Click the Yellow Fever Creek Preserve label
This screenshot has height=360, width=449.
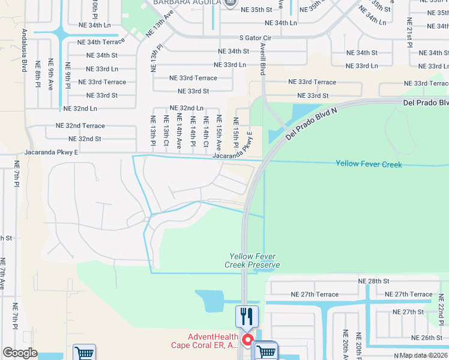pos(252,260)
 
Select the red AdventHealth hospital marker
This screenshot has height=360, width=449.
pos(247,341)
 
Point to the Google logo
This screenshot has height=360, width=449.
pos(20,353)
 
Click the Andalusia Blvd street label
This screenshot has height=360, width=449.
pos(25,50)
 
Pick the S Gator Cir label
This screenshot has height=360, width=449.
pos(264,38)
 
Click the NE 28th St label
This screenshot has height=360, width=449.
pos(373,281)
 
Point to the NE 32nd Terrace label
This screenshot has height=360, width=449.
pos(80,126)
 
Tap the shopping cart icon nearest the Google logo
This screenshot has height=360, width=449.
pos(84,353)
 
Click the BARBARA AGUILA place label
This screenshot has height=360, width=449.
pos(185,3)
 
